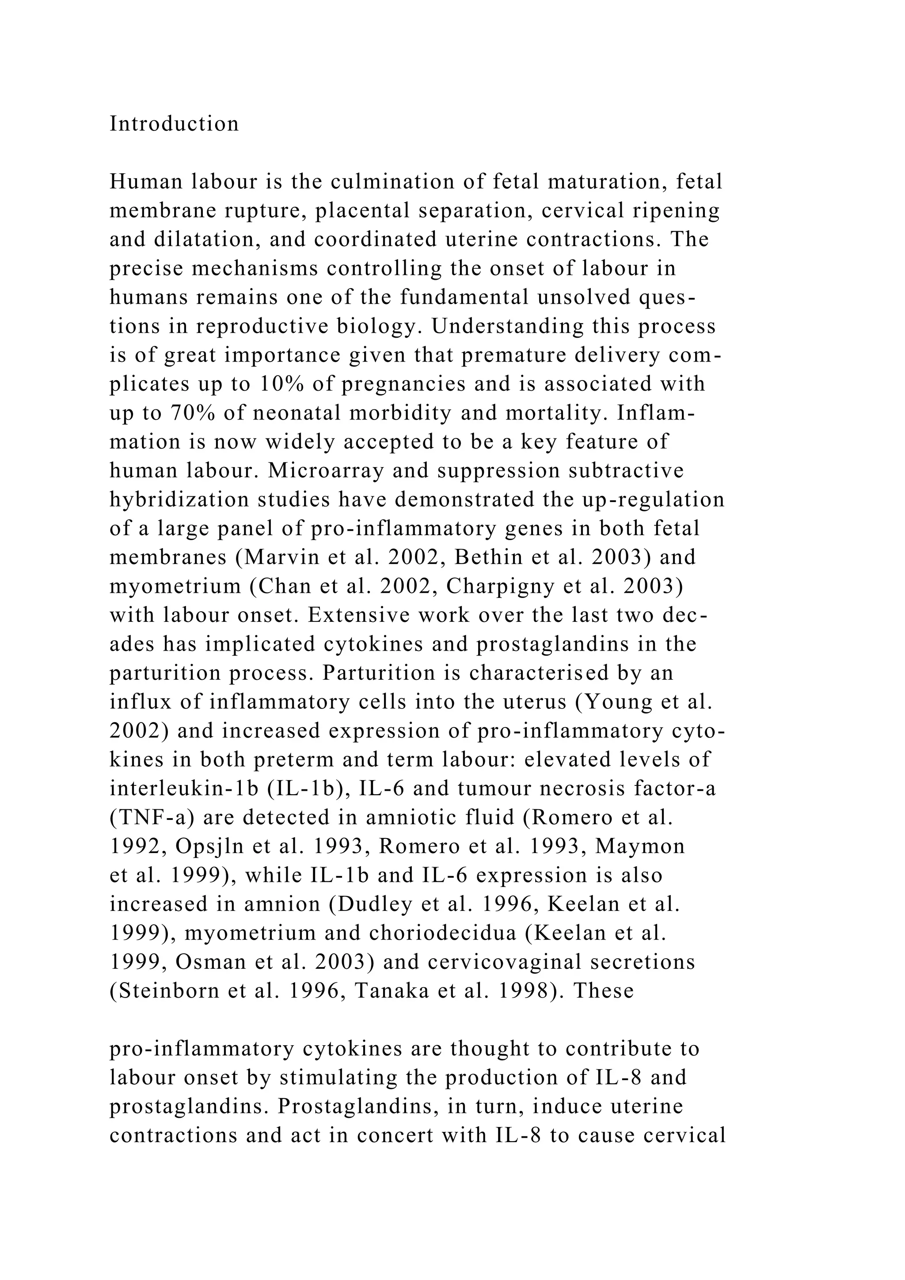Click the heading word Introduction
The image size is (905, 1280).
pos(174,124)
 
